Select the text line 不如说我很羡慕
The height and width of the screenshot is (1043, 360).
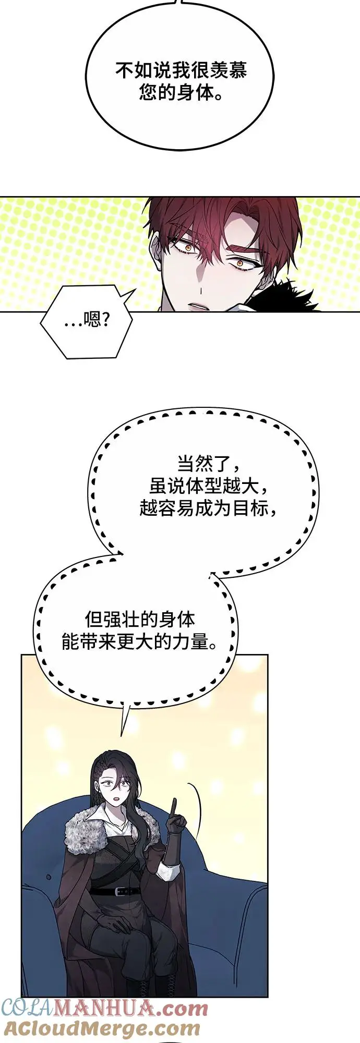click(x=181, y=70)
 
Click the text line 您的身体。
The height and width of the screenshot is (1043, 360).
click(x=181, y=93)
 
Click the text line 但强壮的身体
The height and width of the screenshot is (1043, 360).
click(x=139, y=620)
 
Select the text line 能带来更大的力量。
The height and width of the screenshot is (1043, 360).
click(x=139, y=642)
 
